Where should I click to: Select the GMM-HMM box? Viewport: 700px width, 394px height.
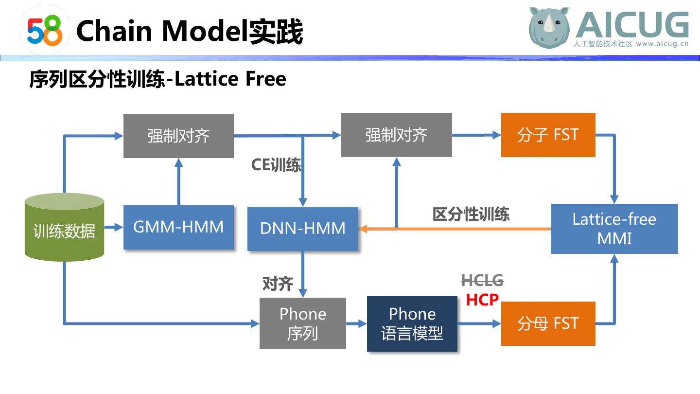point(178,227)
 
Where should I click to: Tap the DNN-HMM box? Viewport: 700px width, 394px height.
point(302,229)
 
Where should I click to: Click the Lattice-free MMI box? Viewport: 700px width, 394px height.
point(614,229)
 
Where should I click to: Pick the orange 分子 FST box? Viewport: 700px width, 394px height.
point(548,135)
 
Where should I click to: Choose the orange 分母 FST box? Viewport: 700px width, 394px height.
point(548,323)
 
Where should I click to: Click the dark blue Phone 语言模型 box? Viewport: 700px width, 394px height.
point(412,323)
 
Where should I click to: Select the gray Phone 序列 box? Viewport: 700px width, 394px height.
point(302,323)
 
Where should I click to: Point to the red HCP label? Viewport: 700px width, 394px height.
point(482,300)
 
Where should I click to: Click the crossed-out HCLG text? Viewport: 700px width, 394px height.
point(482,281)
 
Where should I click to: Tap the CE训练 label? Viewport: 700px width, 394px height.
point(276,165)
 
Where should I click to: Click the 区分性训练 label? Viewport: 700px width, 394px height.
point(471,214)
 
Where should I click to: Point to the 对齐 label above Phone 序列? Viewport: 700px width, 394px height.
point(278,284)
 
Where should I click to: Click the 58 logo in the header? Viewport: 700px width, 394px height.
point(45,30)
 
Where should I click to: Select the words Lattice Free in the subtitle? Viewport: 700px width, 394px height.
point(230,79)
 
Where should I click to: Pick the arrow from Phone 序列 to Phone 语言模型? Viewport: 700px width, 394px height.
point(356,323)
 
